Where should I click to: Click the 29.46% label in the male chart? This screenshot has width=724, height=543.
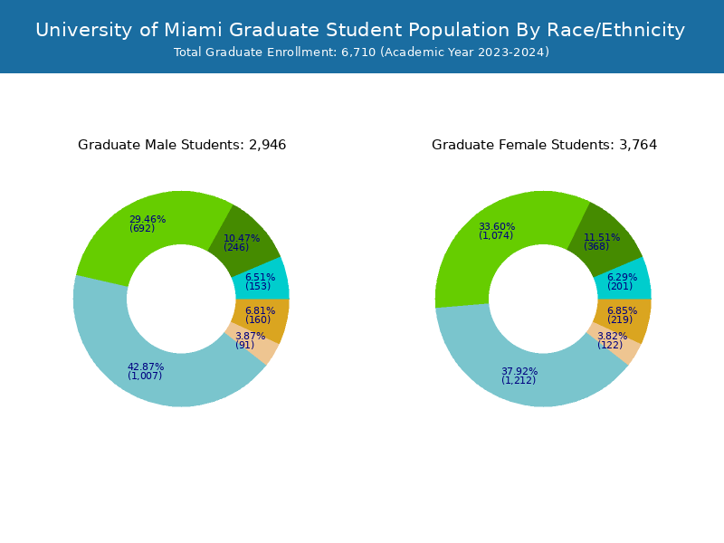147,219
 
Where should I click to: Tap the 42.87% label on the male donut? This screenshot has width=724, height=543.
146,367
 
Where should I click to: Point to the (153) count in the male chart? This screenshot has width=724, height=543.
258,287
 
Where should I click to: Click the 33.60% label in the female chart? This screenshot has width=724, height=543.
497,226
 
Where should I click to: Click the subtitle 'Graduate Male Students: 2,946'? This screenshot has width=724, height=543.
182,145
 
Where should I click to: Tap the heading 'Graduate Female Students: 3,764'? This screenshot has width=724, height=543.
544,145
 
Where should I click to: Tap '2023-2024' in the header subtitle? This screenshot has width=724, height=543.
514,52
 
